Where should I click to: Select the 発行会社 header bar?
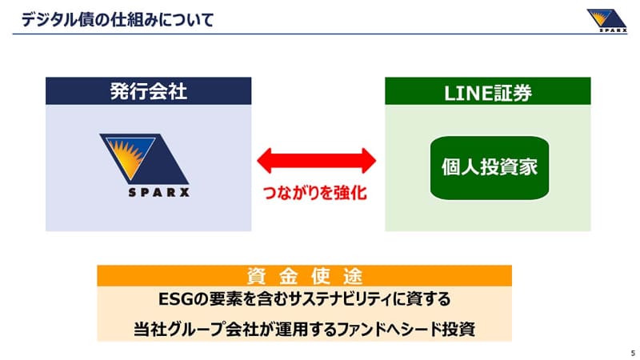(149, 91)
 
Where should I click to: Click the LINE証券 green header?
(488, 91)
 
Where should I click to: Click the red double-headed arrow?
(316, 159)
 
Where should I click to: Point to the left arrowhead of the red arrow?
(267, 159)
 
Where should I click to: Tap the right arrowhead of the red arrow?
(366, 159)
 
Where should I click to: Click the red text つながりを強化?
(315, 194)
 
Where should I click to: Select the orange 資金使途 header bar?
(304, 275)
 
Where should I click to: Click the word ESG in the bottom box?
(174, 299)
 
